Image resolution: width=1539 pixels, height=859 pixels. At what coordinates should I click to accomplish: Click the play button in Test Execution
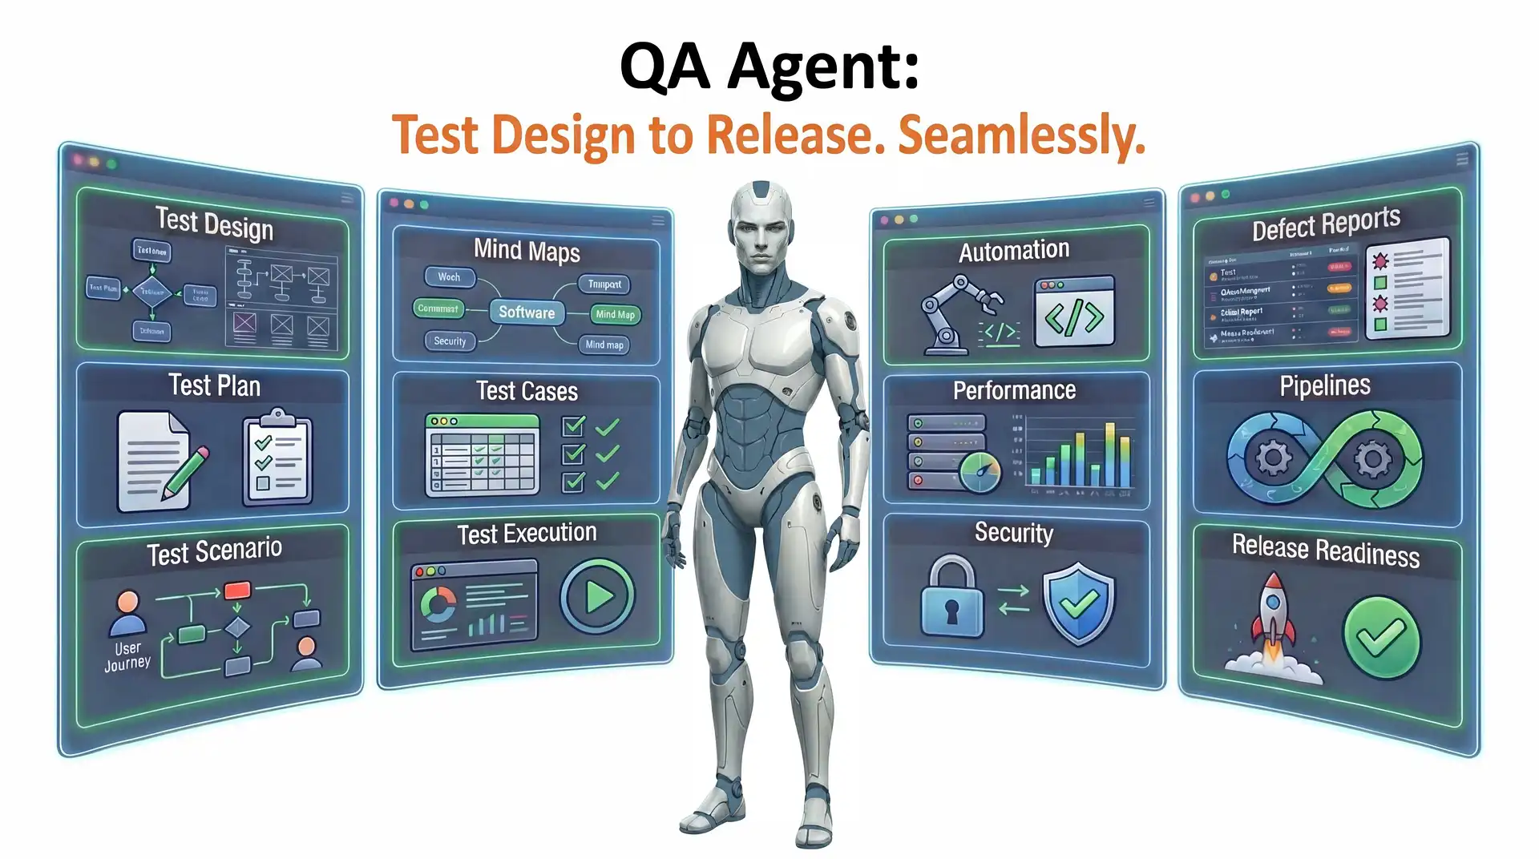pos(597,597)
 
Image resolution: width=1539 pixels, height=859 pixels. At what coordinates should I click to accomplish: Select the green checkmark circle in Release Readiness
pos(1380,638)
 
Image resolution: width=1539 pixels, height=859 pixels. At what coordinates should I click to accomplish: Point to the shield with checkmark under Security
pos(1078,603)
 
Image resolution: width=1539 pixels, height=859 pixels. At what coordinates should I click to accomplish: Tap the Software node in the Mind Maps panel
pos(527,313)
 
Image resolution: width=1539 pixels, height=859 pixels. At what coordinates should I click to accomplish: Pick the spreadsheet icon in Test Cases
pos(482,454)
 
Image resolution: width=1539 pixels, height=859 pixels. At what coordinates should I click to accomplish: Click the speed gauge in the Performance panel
pos(980,472)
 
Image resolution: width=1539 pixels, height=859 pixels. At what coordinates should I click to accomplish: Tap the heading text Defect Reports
pos(1326,224)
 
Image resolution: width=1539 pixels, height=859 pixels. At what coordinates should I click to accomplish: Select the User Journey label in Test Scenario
pos(127,655)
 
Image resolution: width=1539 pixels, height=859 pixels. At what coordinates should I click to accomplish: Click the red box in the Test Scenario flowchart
pos(237,591)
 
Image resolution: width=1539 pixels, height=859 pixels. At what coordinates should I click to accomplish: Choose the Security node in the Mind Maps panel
pos(450,341)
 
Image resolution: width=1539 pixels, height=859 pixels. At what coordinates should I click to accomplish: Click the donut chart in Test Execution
pos(438,604)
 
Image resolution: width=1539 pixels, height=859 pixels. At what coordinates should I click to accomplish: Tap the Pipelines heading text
pos(1324,386)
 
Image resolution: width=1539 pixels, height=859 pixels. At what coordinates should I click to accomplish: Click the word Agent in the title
pos(823,67)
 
